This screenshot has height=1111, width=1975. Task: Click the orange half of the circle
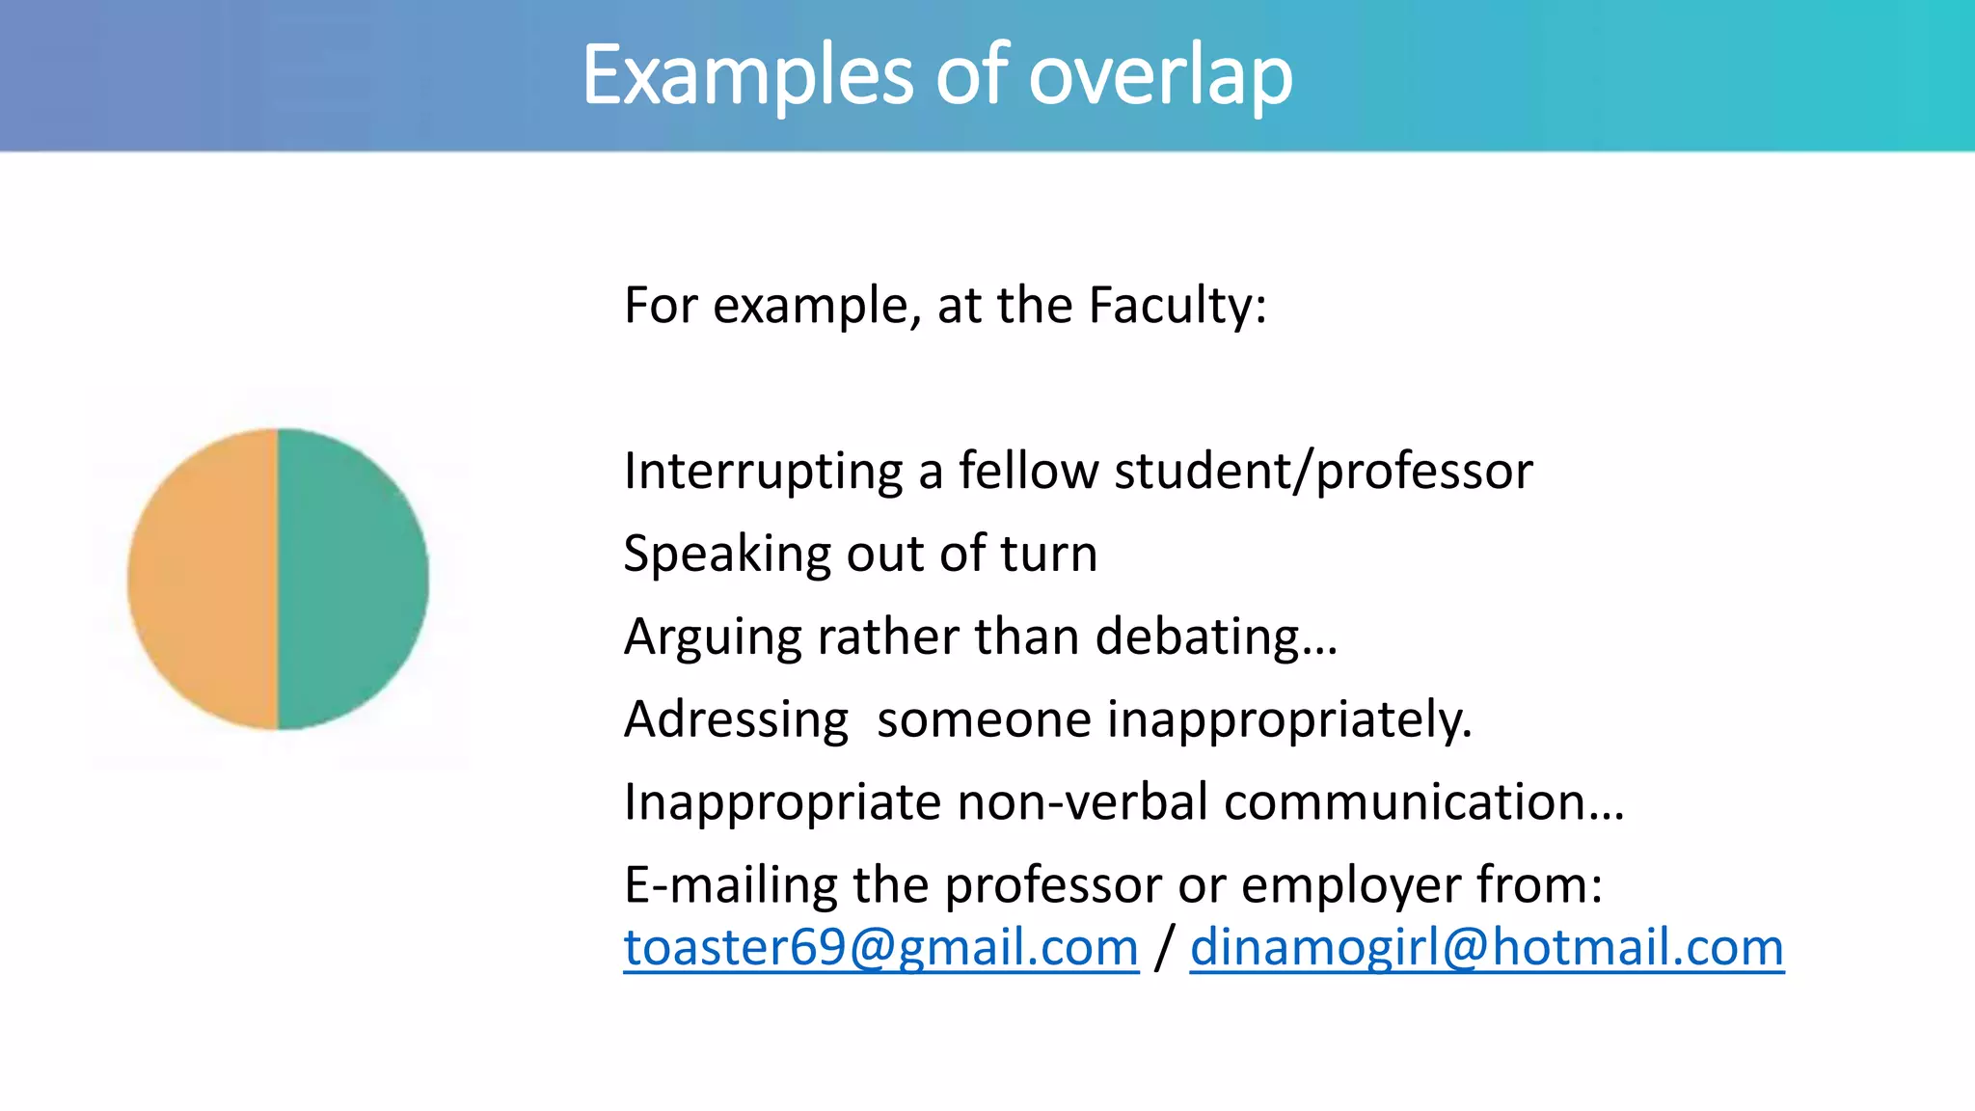tap(203, 579)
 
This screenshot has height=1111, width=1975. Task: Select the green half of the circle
tap(353, 579)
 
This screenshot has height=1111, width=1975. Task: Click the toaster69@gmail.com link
tap(880, 947)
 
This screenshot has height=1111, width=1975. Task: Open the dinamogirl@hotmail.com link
tap(1486, 947)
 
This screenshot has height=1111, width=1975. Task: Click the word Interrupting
tap(763, 472)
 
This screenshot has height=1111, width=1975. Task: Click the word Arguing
tap(713, 637)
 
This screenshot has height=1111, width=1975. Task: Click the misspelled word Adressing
tap(736, 719)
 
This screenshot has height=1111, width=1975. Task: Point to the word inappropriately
tap(1289, 719)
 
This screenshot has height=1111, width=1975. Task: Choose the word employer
tap(1351, 884)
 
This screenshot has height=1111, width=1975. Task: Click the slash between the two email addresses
tap(1164, 947)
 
